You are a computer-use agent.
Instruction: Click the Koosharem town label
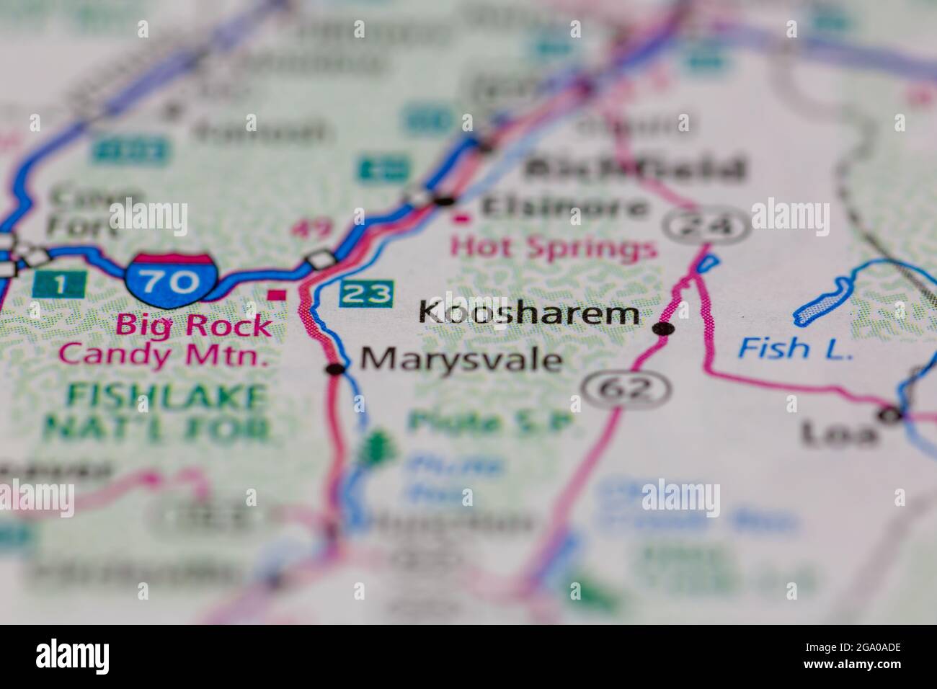click(528, 314)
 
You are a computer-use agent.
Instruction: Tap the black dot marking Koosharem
click(663, 329)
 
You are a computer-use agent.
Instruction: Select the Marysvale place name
click(461, 359)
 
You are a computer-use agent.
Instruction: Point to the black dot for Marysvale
click(336, 370)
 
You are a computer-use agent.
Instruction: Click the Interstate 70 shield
click(172, 277)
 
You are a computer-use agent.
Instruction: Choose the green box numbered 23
click(367, 293)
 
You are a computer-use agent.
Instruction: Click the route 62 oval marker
click(626, 390)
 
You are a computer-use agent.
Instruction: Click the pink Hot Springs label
click(554, 249)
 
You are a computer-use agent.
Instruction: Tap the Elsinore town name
click(564, 208)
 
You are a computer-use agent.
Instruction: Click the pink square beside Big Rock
click(275, 294)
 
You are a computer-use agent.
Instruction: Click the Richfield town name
click(634, 169)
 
